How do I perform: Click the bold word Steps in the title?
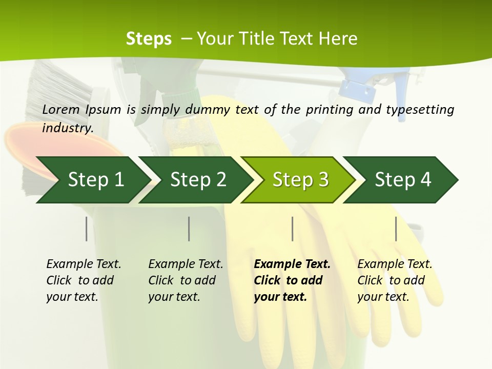click(149, 38)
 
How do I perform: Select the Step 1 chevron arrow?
click(92, 180)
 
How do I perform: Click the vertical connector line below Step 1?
click(87, 229)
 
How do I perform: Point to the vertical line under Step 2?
click(189, 229)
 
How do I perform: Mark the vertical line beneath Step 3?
click(292, 229)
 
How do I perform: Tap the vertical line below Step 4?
click(396, 229)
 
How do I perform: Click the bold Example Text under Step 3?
click(292, 264)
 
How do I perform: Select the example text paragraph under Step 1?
click(83, 280)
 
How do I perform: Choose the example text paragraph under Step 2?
click(185, 280)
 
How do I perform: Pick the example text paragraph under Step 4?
click(394, 280)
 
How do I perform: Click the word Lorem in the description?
click(61, 109)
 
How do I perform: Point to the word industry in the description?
click(67, 128)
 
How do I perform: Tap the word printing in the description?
click(327, 110)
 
